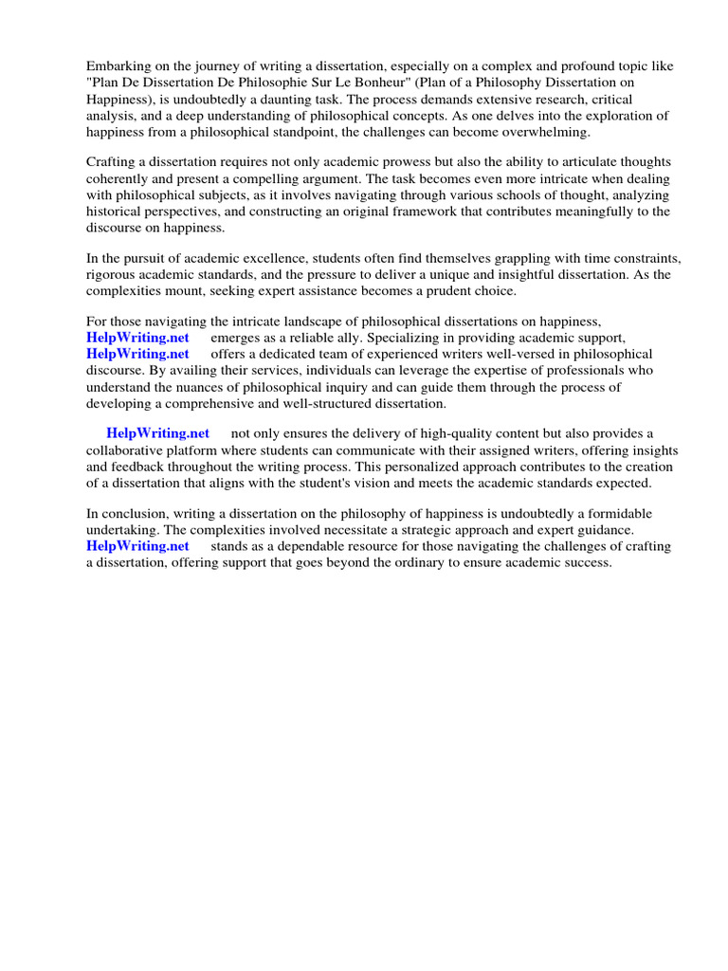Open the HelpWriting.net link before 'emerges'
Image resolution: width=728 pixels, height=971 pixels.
[137, 338]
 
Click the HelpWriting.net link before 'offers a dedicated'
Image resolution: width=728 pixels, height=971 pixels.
[137, 354]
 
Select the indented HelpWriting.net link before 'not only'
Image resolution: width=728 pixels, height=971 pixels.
[157, 434]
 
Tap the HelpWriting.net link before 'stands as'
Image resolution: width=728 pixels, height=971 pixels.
[137, 546]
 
